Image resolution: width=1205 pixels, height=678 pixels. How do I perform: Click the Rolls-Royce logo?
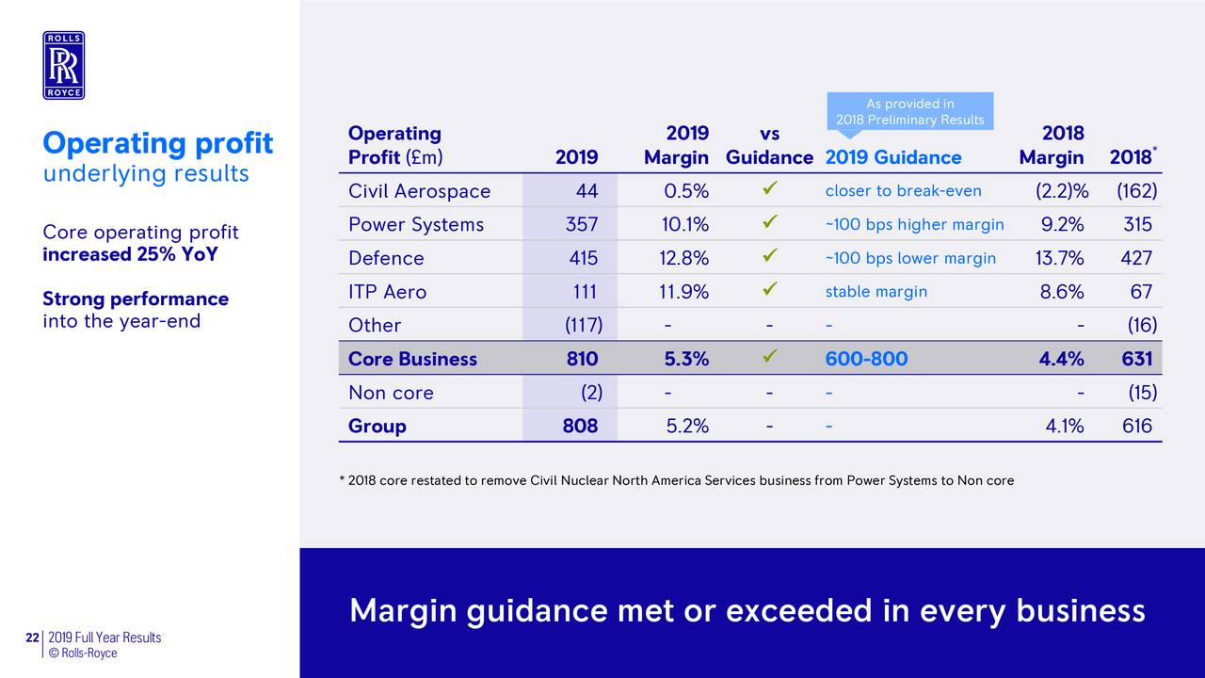[63, 65]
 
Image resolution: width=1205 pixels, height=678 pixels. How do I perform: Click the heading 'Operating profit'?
[157, 144]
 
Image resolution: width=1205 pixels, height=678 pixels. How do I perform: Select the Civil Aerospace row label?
[419, 191]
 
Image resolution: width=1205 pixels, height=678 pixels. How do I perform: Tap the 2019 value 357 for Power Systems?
[581, 225]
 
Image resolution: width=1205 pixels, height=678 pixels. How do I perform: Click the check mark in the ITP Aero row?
[770, 291]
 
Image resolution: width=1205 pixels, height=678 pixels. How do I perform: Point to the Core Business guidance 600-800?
[866, 359]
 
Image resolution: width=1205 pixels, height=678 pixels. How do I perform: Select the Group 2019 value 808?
[580, 426]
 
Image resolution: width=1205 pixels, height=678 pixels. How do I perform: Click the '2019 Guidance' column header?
[892, 157]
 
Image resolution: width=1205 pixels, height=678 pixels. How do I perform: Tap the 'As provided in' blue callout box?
[909, 111]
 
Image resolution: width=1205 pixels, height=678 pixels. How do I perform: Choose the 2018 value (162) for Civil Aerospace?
[1136, 191]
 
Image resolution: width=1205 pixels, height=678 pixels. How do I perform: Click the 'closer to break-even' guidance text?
[903, 191]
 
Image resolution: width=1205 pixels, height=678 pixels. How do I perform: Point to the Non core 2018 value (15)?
[1139, 393]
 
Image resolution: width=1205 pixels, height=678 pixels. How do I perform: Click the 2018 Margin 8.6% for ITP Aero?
[1061, 292]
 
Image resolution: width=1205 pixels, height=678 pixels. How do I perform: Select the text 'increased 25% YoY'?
[130, 255]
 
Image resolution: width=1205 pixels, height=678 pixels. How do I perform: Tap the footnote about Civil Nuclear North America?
[676, 480]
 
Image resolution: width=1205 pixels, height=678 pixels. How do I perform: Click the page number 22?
[32, 638]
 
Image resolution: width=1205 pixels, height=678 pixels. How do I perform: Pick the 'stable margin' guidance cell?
[876, 292]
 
